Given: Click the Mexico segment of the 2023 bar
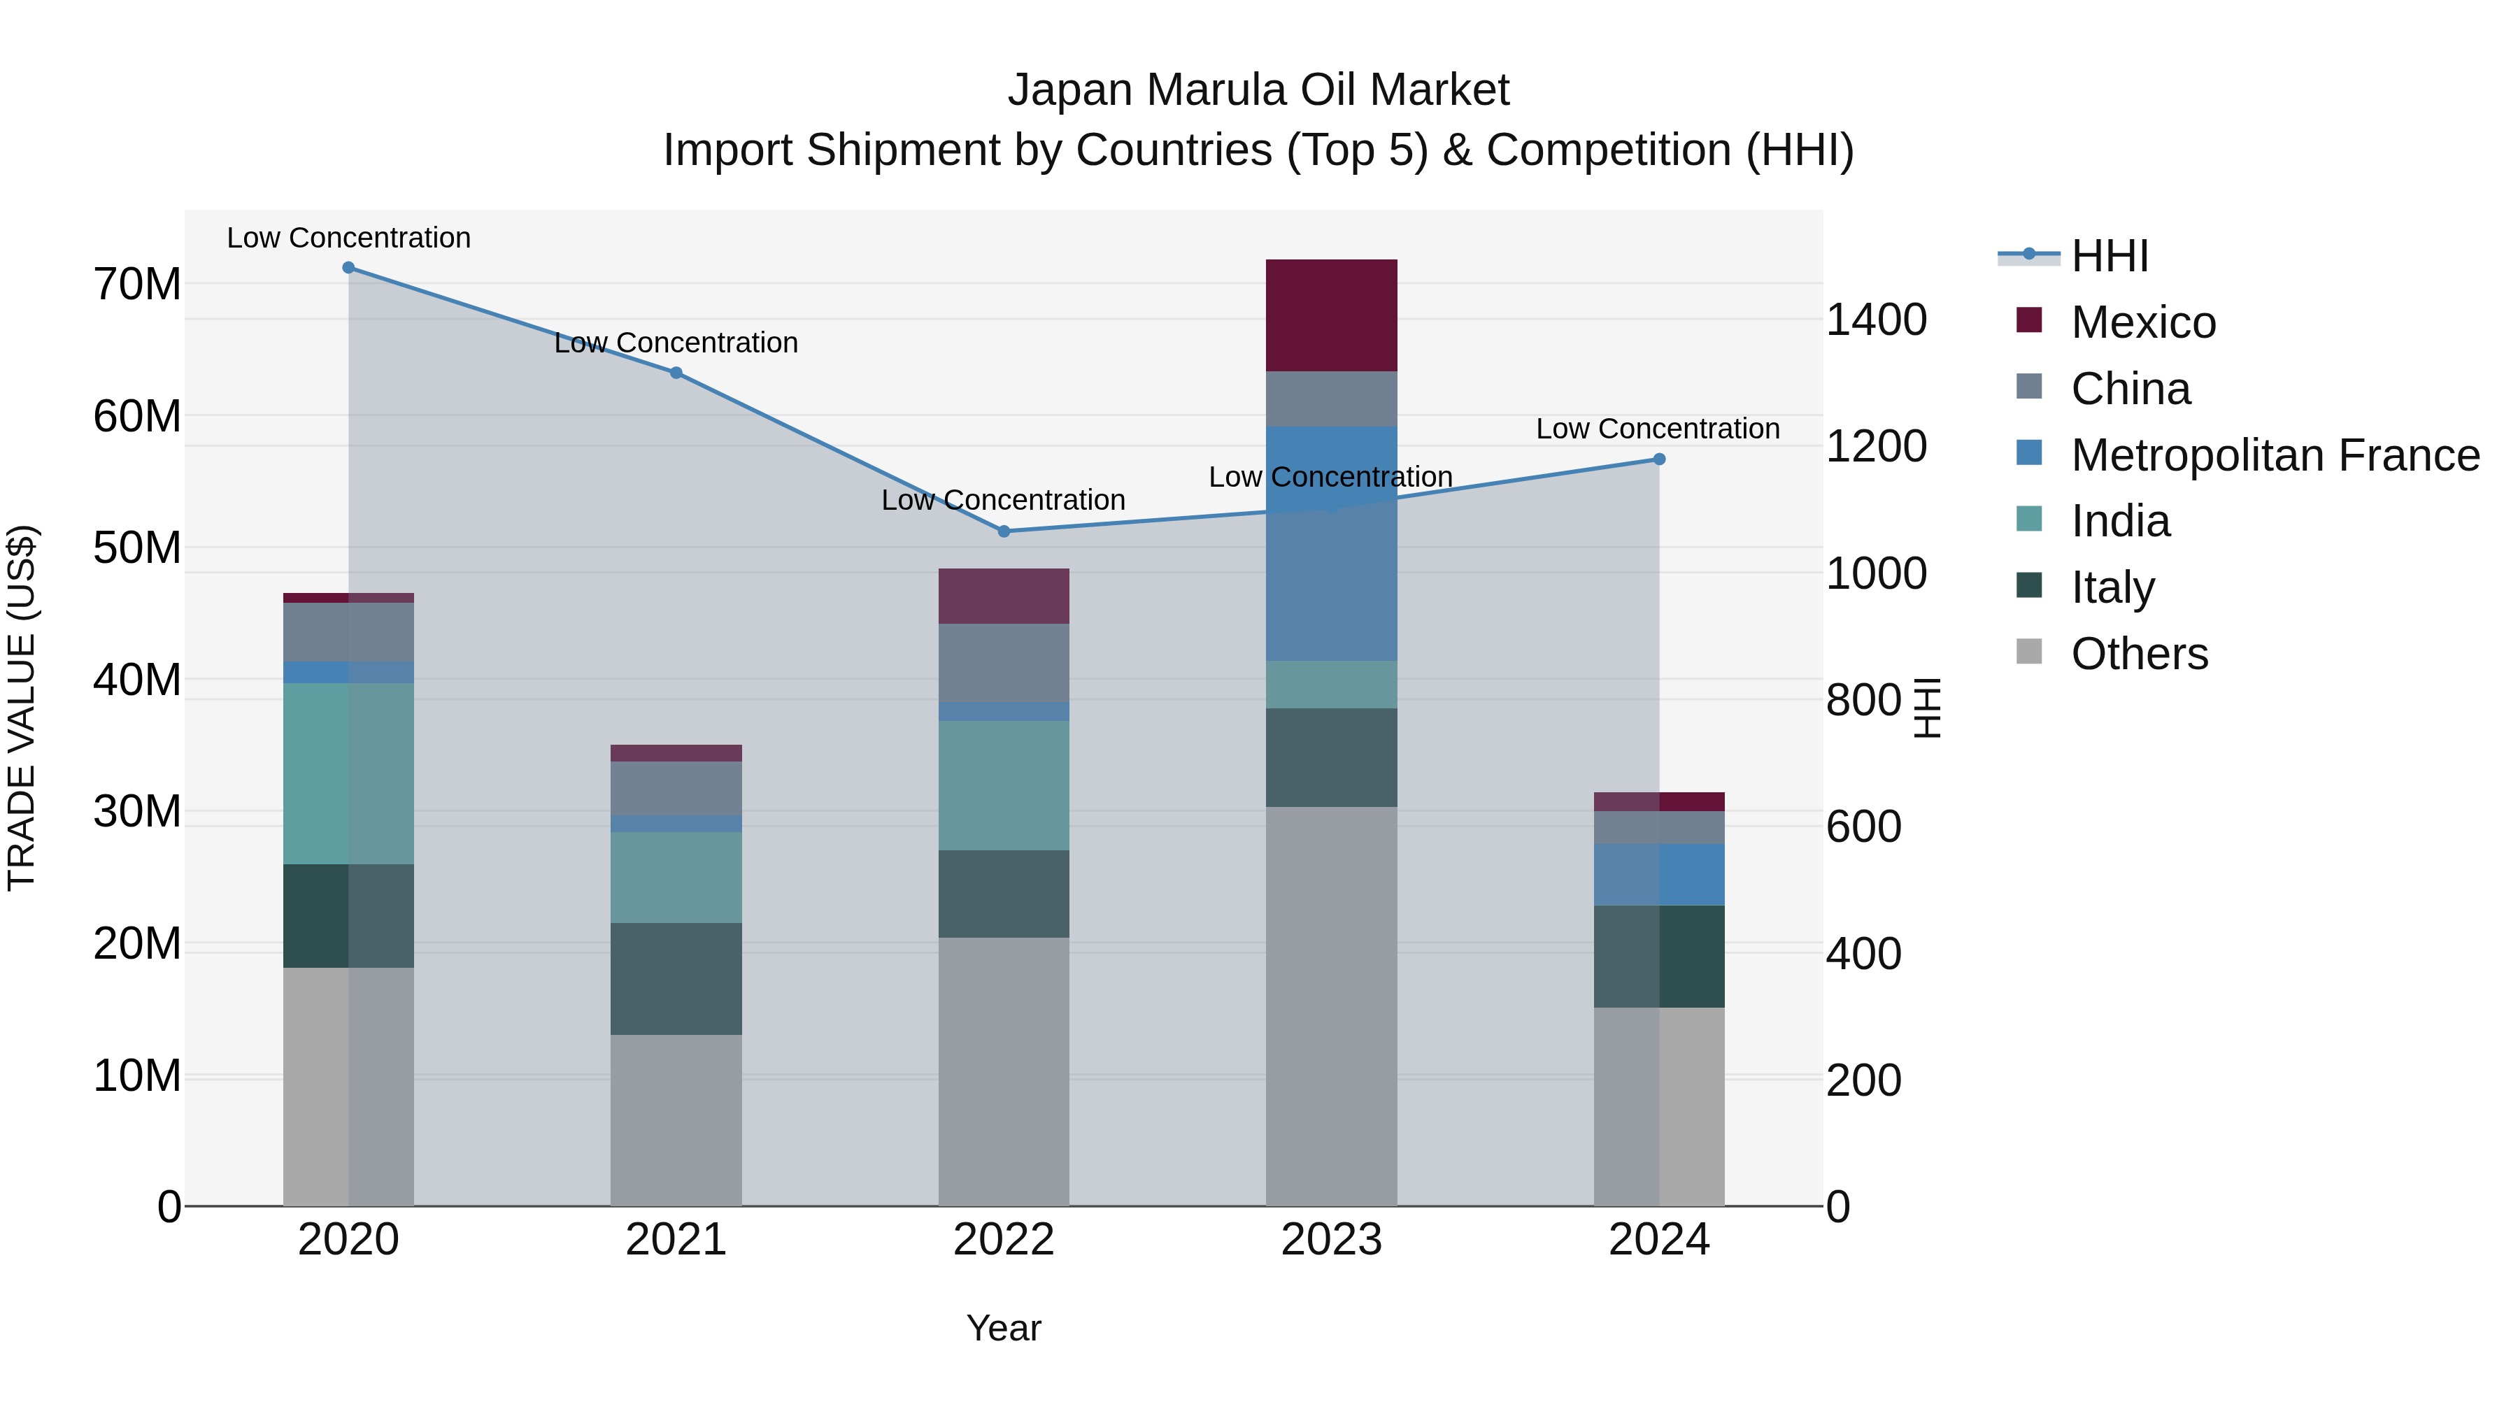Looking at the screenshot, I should point(1330,315).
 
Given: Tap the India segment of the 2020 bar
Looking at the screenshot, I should point(348,773).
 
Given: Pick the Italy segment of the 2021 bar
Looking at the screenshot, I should point(676,978).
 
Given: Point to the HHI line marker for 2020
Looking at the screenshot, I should point(348,268).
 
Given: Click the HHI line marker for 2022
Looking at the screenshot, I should point(1003,531).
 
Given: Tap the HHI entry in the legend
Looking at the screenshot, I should point(2108,256).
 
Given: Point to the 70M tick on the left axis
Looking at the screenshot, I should point(137,285).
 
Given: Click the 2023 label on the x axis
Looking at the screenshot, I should point(1330,1240).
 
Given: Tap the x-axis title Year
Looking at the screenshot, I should point(1003,1328).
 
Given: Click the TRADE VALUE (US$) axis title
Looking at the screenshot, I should point(22,708).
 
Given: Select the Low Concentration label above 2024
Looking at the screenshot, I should point(1657,429).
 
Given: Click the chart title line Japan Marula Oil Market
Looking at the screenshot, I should point(1258,90).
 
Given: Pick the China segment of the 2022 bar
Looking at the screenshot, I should point(1003,663).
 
